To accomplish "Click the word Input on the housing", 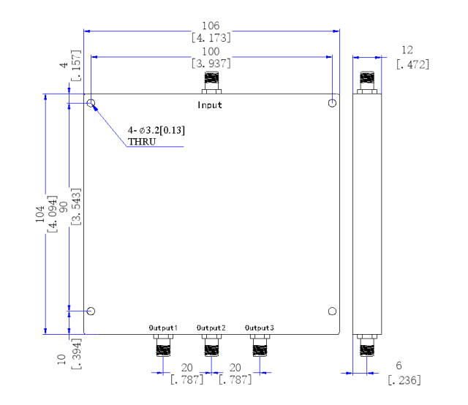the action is click(210, 105).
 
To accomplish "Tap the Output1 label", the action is click(163, 328).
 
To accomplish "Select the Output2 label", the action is click(211, 328).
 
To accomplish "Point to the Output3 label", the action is click(260, 328).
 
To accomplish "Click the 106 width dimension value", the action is click(211, 26).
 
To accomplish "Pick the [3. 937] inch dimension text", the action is click(211, 64).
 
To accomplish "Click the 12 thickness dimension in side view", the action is click(407, 50).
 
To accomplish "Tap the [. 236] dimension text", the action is click(404, 380).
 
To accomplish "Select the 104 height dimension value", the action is click(39, 213).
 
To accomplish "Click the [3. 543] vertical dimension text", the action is click(76, 207).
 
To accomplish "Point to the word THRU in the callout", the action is click(142, 142).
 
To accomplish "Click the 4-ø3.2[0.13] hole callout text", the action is click(156, 130).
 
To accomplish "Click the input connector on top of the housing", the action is click(211, 83).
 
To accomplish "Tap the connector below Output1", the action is click(163, 346).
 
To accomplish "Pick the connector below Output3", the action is click(260, 346).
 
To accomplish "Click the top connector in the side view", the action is click(367, 83).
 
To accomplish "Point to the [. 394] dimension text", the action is click(76, 354).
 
